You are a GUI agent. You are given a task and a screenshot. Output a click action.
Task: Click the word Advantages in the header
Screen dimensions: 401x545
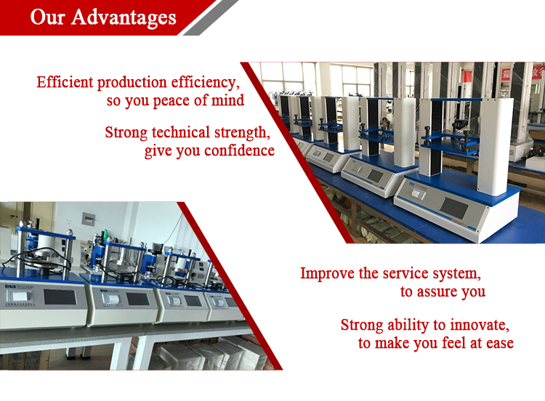[124, 17]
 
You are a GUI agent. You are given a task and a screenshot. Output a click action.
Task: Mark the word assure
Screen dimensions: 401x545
[443, 292]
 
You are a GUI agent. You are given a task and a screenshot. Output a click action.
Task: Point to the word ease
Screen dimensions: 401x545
[499, 343]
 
